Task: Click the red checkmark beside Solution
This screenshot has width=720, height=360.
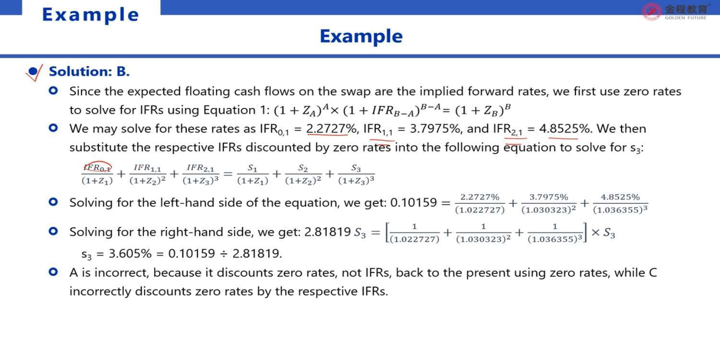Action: (x=34, y=72)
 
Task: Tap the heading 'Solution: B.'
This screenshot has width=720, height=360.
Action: (x=89, y=72)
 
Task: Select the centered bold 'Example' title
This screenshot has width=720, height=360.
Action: (x=361, y=36)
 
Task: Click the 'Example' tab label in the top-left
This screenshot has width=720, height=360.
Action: (x=90, y=15)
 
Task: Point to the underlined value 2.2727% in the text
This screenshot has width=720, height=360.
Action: (x=331, y=129)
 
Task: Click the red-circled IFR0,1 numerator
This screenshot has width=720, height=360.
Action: (x=97, y=167)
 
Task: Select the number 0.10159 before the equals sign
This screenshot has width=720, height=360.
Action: (x=413, y=203)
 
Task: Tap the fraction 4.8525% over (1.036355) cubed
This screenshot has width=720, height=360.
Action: (x=620, y=204)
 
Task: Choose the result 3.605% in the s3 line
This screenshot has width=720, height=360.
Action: (x=130, y=253)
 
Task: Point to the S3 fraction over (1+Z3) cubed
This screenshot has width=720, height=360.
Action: (x=356, y=174)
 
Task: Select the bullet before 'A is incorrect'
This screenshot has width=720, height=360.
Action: (x=53, y=272)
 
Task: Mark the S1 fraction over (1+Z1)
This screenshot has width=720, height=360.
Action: (x=252, y=174)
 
